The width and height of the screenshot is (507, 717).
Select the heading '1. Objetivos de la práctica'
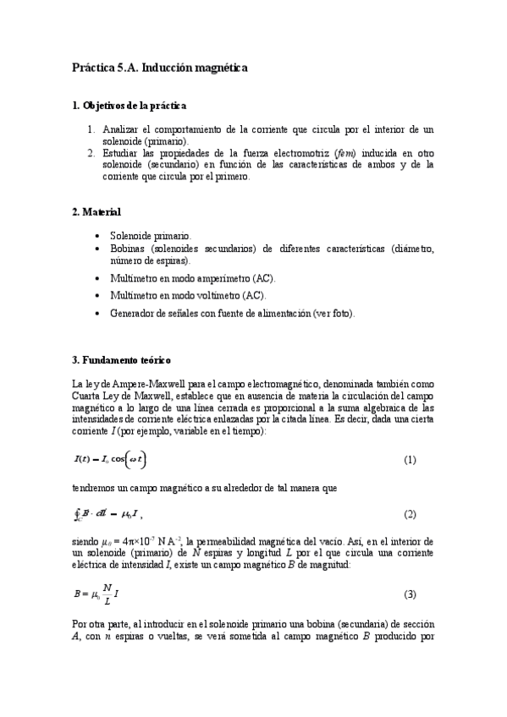coord(130,106)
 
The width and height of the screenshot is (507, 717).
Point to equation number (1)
coord(410,460)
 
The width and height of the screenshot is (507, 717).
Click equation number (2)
coord(410,515)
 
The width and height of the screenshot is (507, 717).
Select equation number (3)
coord(410,595)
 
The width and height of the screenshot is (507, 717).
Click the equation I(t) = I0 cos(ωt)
coord(115,459)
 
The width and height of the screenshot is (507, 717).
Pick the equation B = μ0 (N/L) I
coord(96,594)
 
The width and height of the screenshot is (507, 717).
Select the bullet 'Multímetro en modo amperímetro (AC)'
coord(192,277)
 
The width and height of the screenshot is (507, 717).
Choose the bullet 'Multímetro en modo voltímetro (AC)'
coord(187,295)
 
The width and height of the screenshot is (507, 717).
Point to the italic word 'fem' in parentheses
coord(344,153)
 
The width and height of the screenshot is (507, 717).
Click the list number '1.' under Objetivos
coord(91,129)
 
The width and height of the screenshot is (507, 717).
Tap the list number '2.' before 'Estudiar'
coord(91,153)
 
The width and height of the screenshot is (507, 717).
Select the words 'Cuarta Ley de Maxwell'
coord(121,396)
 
